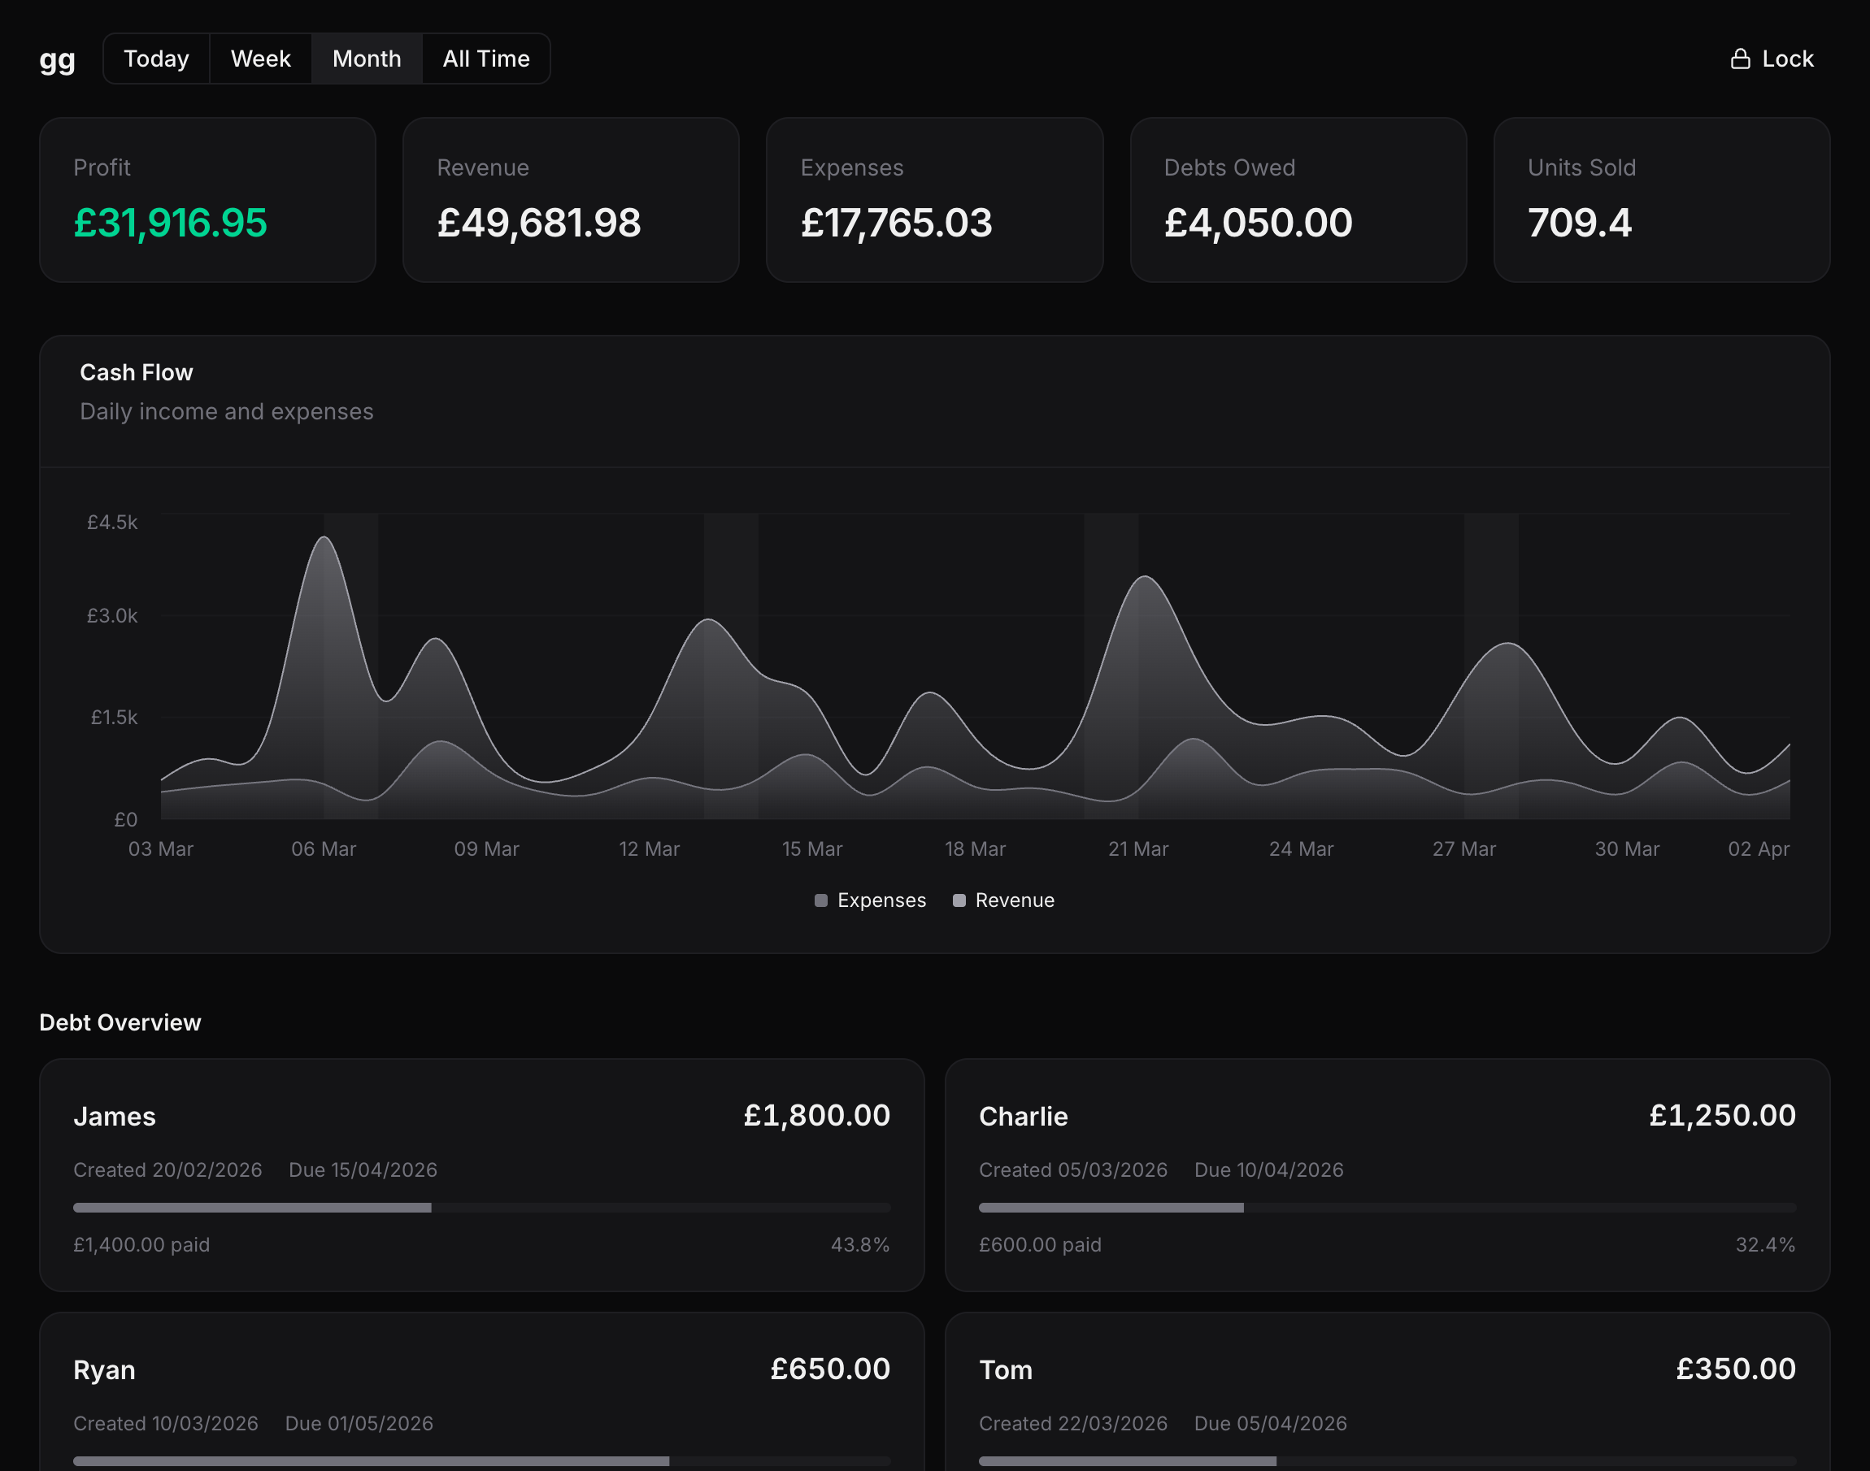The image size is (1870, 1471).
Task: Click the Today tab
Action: [x=156, y=59]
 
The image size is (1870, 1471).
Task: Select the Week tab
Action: [x=260, y=59]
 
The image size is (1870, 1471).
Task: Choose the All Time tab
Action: [x=486, y=59]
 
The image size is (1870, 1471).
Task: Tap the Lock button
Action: [x=1772, y=59]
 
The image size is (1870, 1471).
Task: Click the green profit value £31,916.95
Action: [x=171, y=223]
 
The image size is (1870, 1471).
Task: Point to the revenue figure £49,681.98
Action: [x=538, y=223]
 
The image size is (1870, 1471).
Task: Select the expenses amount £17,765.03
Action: [x=896, y=223]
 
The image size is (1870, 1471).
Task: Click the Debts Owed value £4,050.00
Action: [x=1258, y=223]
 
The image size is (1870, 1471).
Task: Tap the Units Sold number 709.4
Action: [x=1579, y=223]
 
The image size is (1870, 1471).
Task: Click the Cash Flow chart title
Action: [x=136, y=372]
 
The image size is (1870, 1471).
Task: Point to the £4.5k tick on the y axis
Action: [x=112, y=522]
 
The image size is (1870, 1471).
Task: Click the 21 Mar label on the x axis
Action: [x=1137, y=849]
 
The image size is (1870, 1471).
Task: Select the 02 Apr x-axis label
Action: [x=1758, y=849]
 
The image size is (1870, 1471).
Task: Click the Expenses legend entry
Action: [x=870, y=900]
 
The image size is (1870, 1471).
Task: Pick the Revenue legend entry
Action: [x=1003, y=900]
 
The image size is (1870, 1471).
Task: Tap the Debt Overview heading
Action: [x=120, y=1022]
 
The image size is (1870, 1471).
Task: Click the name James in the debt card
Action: [x=115, y=1116]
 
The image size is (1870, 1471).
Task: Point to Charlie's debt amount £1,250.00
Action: [x=1722, y=1115]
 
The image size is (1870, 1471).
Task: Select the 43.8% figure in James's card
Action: [x=859, y=1244]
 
